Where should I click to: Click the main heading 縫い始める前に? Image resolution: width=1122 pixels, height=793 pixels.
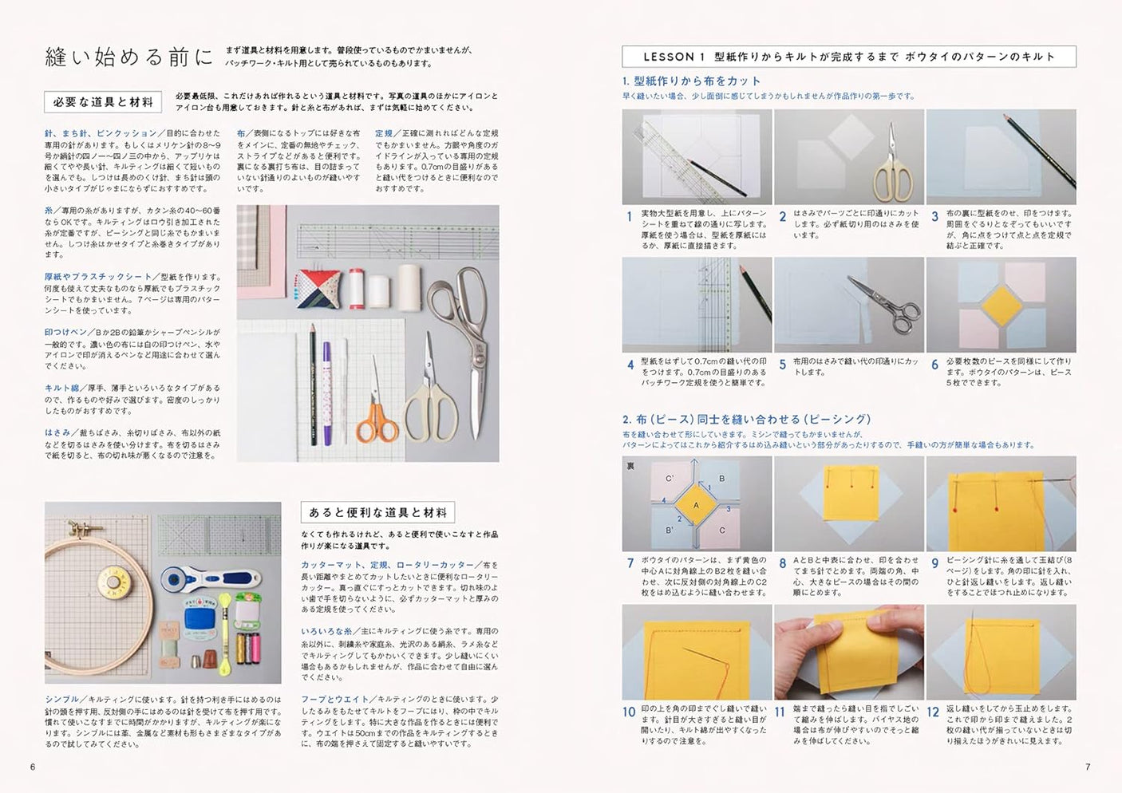click(128, 57)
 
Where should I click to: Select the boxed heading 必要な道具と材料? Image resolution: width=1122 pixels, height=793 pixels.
click(103, 102)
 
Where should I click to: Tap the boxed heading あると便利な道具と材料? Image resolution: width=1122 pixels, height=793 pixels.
click(377, 512)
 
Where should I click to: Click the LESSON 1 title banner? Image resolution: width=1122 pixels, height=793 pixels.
click(848, 57)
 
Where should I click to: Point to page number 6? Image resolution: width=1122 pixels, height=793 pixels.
click(33, 767)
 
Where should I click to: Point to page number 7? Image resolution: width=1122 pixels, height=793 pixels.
click(1087, 767)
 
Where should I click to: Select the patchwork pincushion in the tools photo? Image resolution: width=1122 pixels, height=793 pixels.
click(318, 288)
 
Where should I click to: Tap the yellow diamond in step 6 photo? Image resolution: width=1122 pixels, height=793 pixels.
click(1000, 305)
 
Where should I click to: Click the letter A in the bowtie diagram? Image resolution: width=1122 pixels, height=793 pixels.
click(696, 505)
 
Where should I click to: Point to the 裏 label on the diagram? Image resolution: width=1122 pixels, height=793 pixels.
click(630, 466)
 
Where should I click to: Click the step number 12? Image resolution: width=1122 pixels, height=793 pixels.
click(932, 712)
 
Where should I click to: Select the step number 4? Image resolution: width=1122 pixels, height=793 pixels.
click(630, 365)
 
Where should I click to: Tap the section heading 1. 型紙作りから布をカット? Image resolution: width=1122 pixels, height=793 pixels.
click(691, 81)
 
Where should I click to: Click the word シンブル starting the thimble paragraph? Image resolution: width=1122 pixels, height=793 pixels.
click(61, 699)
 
